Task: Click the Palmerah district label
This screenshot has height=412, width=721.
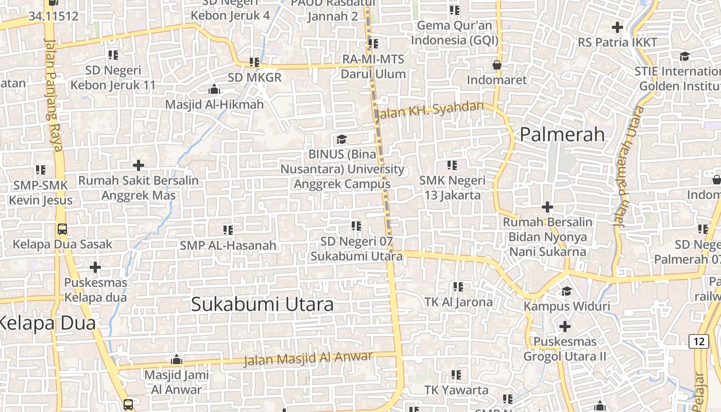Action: pos(562,134)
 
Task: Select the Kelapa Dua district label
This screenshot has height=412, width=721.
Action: pos(47,323)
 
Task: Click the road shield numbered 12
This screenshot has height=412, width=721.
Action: pos(698,341)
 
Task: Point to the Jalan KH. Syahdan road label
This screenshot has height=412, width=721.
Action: pos(431,110)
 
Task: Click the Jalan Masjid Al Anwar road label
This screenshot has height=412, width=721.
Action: pos(308,359)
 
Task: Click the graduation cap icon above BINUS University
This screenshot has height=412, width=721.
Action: pos(341,139)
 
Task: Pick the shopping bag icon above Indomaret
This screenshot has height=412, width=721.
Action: pos(497,65)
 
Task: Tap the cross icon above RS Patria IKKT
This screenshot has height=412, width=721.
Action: pos(617,27)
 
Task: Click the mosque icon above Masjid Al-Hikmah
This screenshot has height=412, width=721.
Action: pos(214,90)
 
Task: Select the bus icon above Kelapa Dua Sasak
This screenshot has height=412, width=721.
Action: pos(62,229)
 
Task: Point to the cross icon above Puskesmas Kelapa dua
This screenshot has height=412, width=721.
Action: pos(95,267)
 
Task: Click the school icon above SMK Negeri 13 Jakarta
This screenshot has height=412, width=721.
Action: pos(452,165)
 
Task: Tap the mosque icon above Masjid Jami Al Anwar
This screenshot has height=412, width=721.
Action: pos(177,359)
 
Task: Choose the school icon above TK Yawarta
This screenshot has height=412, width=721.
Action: pos(456,375)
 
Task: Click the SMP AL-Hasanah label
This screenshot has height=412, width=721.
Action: pos(228,246)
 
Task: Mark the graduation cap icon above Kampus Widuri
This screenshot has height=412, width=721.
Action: pos(566,291)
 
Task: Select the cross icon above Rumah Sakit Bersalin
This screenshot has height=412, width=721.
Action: pos(138,165)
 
